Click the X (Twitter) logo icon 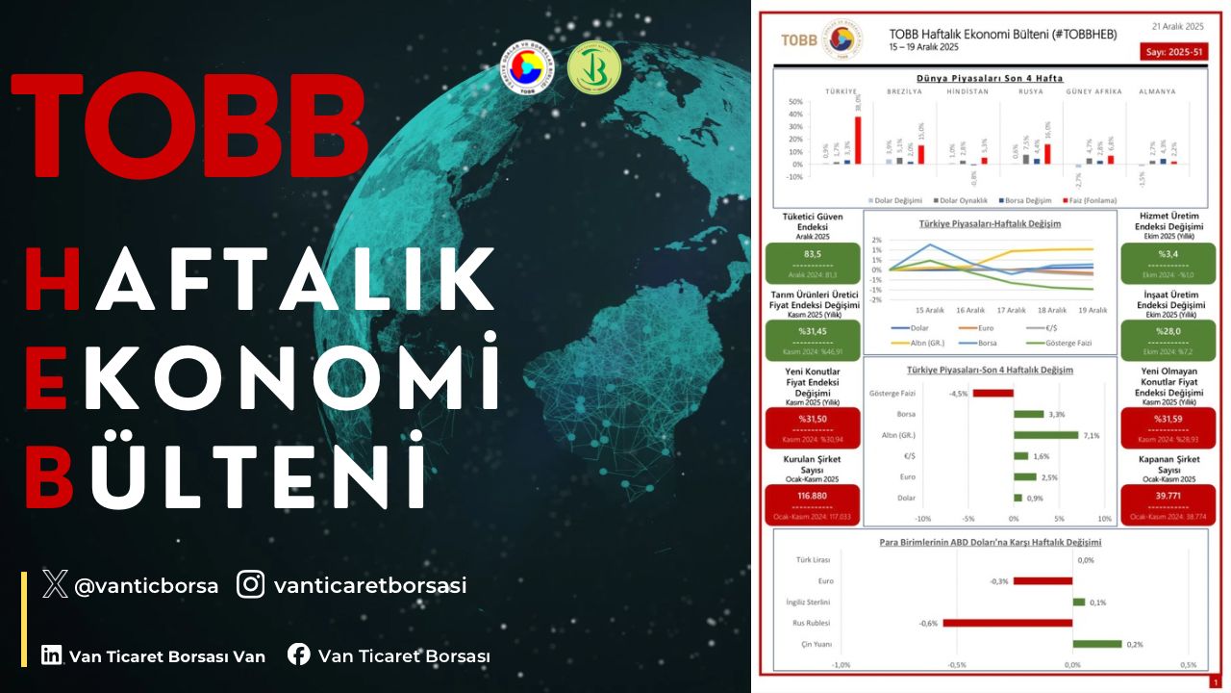(56, 583)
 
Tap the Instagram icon (251, 583)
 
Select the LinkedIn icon (52, 655)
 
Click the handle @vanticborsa (146, 584)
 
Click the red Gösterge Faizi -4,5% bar (992, 393)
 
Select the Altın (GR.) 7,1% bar (1045, 434)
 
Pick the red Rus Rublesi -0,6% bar (1007, 623)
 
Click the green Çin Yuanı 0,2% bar (1097, 644)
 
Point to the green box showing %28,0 (1167, 340)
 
